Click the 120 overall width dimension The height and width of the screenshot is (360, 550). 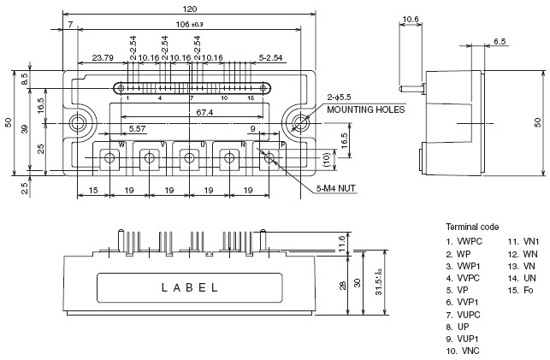(190, 9)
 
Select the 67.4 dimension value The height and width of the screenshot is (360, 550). (204, 113)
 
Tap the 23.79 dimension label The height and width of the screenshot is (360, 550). (103, 58)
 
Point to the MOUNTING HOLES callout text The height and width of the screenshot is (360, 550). (366, 109)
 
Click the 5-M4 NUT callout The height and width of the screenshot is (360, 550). (335, 189)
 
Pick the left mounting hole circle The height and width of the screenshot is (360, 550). (77, 123)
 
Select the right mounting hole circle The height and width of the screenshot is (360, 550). (300, 123)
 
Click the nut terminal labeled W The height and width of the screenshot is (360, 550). (109, 158)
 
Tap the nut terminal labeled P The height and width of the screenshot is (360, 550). (269, 158)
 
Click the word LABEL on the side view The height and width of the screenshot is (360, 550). (189, 288)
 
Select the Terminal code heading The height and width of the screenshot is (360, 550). (472, 227)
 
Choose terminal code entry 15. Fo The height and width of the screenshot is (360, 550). (521, 290)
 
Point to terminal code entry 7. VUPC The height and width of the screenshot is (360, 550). (463, 315)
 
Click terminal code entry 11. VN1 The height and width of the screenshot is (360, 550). (523, 241)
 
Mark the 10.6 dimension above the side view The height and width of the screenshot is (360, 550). (411, 19)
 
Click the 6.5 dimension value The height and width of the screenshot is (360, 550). (500, 41)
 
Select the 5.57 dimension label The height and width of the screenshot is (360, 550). (137, 128)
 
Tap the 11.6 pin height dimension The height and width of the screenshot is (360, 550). (342, 244)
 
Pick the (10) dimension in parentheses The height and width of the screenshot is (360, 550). (327, 160)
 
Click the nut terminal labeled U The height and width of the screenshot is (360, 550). (189, 158)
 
